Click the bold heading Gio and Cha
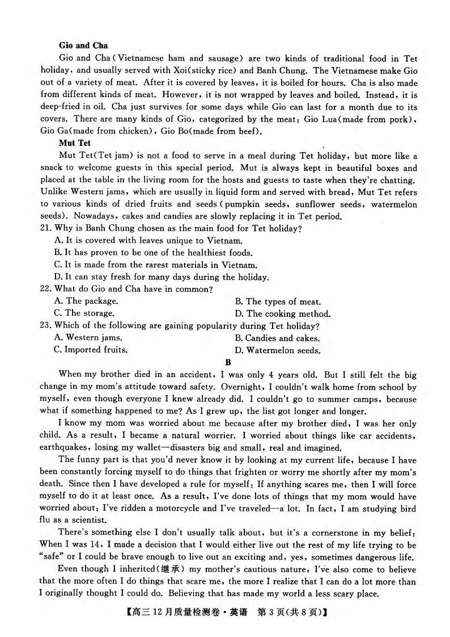click(83, 45)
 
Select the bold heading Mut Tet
click(74, 144)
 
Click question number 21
click(46, 228)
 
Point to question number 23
click(46, 326)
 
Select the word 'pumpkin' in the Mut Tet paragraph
click(300, 204)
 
